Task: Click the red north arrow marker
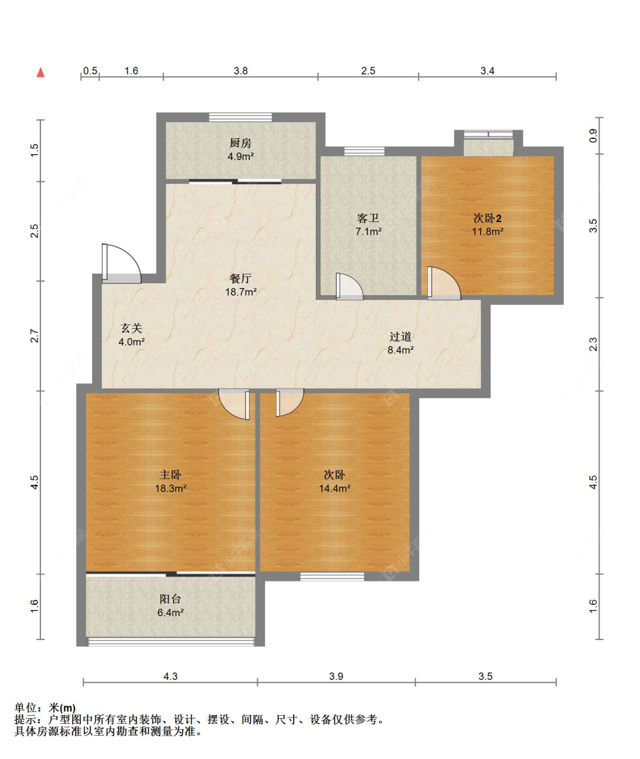tap(40, 72)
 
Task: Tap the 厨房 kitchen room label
tap(240, 143)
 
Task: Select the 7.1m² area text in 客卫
tap(368, 231)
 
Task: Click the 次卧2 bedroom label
tap(488, 218)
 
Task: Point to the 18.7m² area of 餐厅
tap(241, 292)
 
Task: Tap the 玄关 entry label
tap(131, 328)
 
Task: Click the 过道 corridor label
tap(400, 337)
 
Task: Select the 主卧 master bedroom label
tap(171, 475)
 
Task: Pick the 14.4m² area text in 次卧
tap(335, 488)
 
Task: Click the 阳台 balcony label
tap(171, 599)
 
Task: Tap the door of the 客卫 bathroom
tap(349, 286)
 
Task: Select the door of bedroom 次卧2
tap(444, 283)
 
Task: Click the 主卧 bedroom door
tap(234, 404)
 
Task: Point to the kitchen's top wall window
tap(240, 117)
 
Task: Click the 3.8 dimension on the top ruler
tap(241, 71)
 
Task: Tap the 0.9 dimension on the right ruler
tap(593, 135)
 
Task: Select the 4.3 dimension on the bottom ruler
tap(171, 676)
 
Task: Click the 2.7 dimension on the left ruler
tap(34, 336)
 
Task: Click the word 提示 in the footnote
tap(25, 719)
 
